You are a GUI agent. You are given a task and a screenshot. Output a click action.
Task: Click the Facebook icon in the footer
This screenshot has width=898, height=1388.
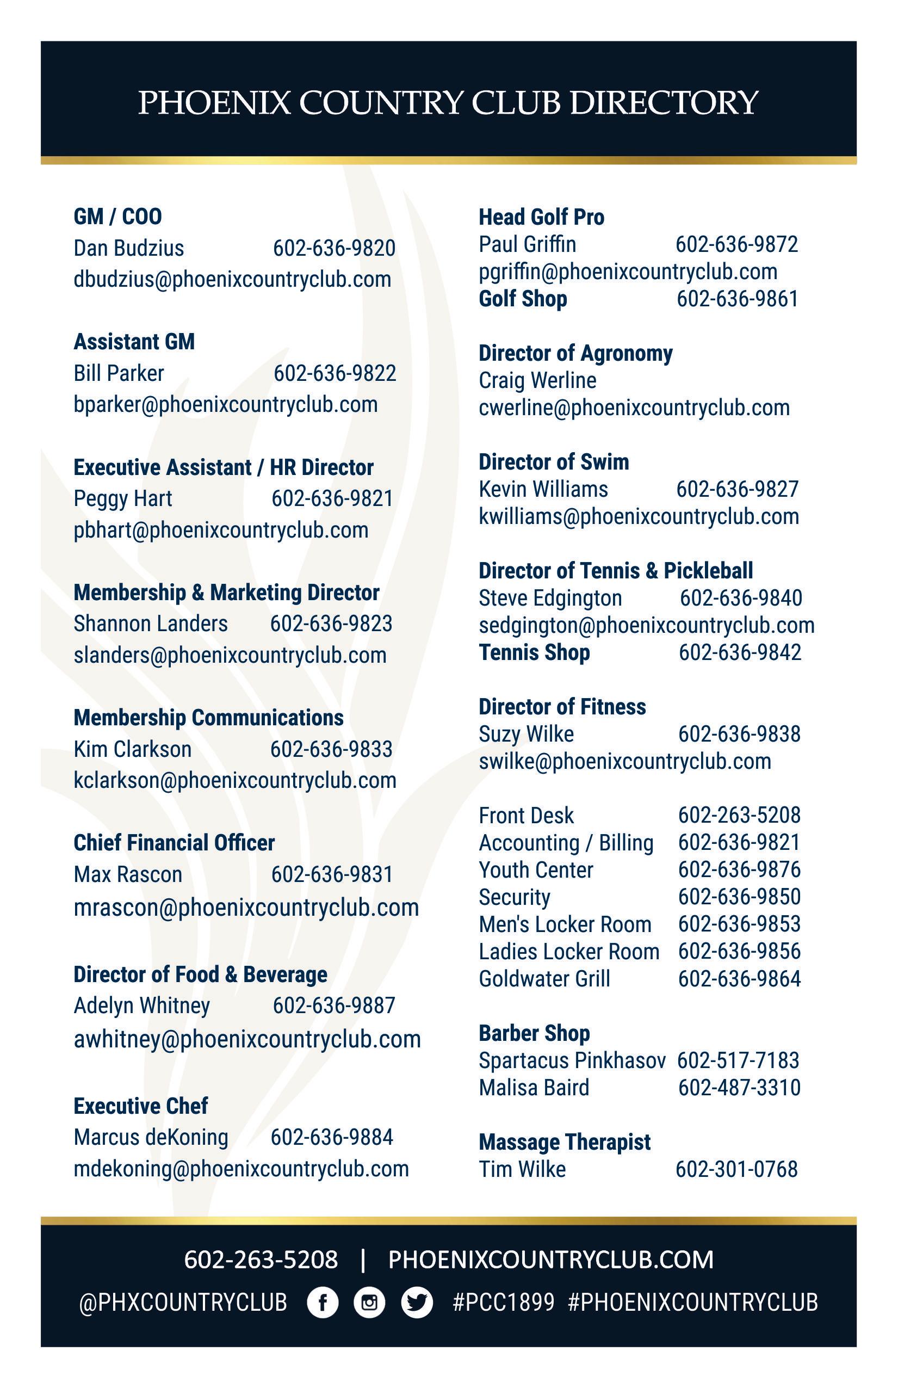pos(323,1302)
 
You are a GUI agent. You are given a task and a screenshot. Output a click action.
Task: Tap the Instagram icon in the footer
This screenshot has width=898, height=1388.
pos(369,1302)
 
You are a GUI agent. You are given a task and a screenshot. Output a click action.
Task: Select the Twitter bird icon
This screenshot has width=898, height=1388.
pos(417,1302)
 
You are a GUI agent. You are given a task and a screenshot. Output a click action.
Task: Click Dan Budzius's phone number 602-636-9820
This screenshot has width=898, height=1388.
pos(334,249)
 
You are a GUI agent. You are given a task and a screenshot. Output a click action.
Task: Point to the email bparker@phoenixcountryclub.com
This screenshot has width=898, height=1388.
pos(226,405)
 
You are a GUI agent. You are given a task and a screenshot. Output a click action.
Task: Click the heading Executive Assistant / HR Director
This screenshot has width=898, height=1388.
pos(224,468)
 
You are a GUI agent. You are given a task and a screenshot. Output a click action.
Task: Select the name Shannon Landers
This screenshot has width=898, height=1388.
pos(151,624)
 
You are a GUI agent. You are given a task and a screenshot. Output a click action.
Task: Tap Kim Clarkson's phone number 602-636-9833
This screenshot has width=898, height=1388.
pos(331,749)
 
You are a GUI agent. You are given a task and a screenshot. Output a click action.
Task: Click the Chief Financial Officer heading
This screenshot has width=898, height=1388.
pos(174,843)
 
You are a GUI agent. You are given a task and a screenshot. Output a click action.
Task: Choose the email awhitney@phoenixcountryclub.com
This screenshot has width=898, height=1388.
pos(247,1039)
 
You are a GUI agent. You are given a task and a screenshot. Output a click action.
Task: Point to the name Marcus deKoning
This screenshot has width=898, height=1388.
pos(151,1137)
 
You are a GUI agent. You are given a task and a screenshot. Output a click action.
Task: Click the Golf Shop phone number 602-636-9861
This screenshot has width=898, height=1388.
pos(737,299)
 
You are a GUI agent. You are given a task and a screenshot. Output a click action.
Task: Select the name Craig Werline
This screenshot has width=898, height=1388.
pos(537,381)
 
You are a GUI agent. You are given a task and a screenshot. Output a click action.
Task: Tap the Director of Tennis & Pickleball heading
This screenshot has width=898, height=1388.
pos(616,571)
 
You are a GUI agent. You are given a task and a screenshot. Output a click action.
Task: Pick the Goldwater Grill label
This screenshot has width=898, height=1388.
pos(544,979)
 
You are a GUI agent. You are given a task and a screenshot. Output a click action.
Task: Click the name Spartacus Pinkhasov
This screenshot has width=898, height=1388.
pos(572,1060)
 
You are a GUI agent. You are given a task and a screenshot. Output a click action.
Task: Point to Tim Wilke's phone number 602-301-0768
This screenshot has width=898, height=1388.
pos(736,1169)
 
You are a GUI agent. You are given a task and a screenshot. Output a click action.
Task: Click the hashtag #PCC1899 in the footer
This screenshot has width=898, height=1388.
pos(503,1302)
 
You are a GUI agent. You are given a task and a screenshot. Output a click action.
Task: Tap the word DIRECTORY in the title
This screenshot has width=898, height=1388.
pos(664,103)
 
